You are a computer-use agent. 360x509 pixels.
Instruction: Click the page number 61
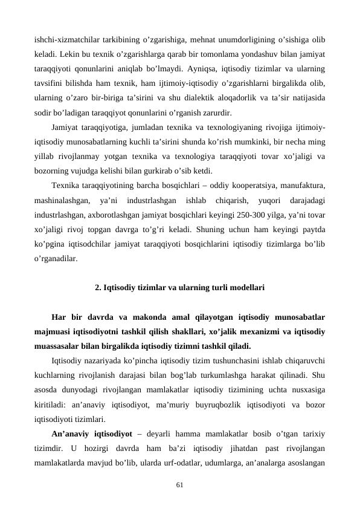pyautogui.click(x=179, y=484)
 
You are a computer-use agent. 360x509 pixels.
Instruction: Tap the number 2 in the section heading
pyautogui.click(x=97, y=288)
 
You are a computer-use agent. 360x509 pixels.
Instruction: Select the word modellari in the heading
pyautogui.click(x=246, y=288)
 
